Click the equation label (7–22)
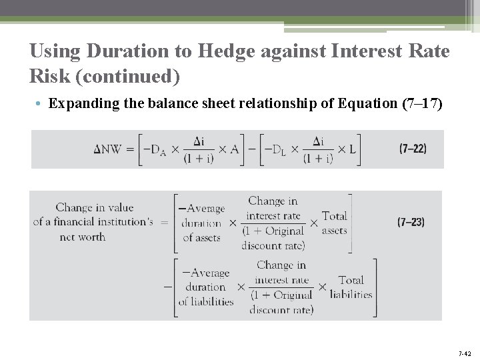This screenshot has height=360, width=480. [413, 149]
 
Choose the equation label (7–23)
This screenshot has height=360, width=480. [411, 222]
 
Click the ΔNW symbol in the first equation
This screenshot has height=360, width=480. [107, 149]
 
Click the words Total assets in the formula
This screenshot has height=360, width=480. [335, 223]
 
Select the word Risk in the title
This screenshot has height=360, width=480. [51, 76]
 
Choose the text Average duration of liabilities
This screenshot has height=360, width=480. [207, 287]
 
